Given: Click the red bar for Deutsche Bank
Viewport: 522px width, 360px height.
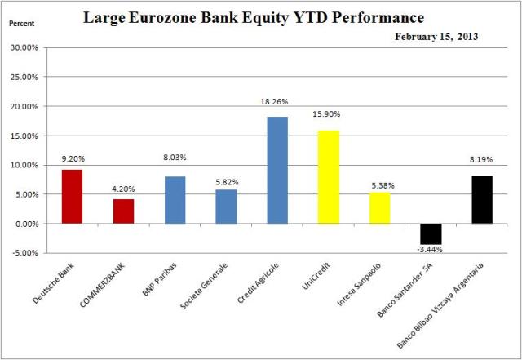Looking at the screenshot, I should tap(72, 196).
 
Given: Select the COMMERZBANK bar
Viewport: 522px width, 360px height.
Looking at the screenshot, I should tap(123, 211).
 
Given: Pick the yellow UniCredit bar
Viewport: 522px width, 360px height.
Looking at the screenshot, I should tap(329, 176).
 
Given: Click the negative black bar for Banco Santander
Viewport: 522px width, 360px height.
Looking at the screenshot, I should tap(431, 233).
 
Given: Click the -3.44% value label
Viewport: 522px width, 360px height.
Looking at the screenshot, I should tap(431, 249).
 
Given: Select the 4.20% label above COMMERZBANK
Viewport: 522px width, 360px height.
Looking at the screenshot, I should tap(124, 191).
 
